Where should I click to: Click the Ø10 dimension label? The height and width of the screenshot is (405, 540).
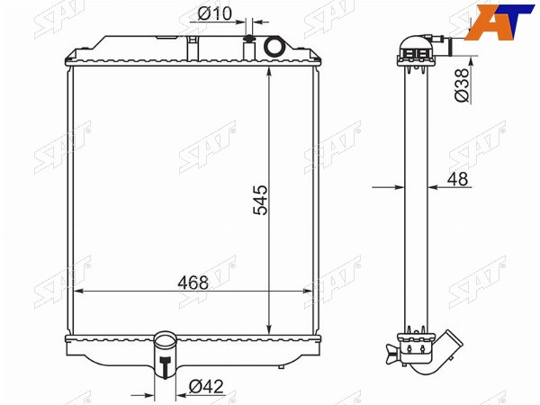point(215,13)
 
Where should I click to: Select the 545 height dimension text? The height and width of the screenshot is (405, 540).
point(260,200)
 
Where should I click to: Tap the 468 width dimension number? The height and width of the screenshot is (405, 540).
point(193,283)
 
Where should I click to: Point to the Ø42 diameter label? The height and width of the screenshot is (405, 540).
point(206,386)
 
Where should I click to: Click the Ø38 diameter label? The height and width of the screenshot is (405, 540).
point(463,85)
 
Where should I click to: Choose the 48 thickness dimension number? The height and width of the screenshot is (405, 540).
point(458,179)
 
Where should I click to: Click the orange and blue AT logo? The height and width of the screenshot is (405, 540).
point(499,22)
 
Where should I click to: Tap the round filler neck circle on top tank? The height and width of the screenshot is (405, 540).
point(274,47)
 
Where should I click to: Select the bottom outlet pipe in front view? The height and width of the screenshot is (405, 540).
point(166,355)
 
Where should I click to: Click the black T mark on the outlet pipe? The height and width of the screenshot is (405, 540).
point(166,367)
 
